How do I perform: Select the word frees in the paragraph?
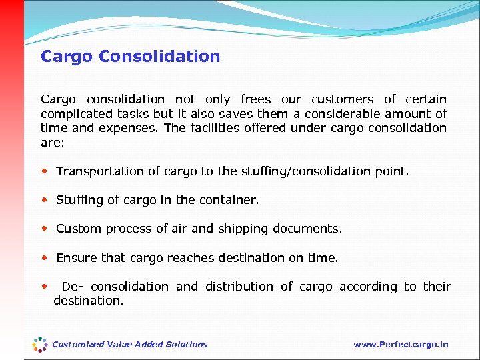coord(255,99)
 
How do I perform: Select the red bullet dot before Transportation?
coord(44,171)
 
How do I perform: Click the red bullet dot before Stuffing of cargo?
coord(44,199)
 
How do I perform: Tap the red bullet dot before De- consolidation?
coord(44,286)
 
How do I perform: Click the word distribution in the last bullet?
coord(239,287)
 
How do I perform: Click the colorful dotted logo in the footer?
coord(41,344)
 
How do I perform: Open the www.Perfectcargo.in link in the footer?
coord(401,345)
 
